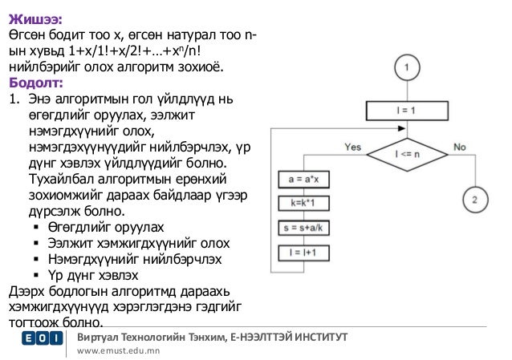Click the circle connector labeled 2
point(474,199)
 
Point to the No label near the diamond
point(459,148)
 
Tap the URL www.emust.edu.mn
point(119,351)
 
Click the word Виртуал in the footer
point(97,336)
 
